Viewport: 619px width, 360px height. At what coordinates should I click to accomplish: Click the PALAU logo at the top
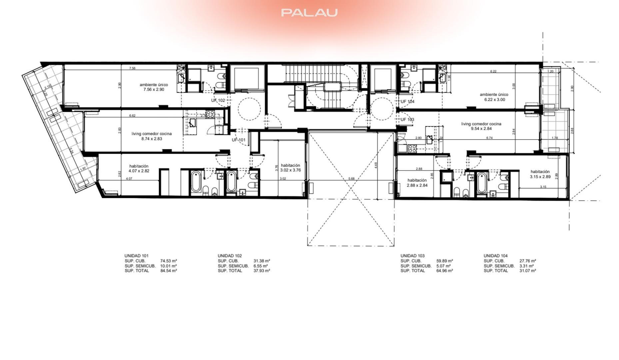point(309,13)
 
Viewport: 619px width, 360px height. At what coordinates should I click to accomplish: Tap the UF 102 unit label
point(218,100)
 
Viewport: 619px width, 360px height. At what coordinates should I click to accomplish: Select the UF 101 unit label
point(239,140)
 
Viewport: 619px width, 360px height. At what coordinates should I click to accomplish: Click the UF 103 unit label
point(407,120)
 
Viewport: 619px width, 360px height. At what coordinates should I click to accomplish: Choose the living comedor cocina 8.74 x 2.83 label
point(152,136)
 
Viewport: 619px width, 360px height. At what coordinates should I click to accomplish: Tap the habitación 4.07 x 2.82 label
point(139,169)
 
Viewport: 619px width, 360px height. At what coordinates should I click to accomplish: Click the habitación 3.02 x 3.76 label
point(291,168)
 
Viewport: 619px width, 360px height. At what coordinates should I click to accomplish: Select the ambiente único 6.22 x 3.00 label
point(494,97)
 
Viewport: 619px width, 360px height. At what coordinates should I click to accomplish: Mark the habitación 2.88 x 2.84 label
point(417,183)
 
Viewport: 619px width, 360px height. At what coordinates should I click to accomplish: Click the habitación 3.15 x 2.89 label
point(540,174)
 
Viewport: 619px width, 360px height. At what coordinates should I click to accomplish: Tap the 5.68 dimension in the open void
point(351,179)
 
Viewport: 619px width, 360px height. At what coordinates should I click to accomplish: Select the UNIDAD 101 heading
point(136,256)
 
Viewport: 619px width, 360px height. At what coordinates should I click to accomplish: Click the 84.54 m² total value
point(169,271)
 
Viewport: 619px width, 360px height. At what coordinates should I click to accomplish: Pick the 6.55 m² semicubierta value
point(261,266)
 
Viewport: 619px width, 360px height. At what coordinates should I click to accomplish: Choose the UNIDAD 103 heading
point(412,256)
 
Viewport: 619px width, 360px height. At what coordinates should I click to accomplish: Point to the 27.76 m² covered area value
point(528,261)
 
